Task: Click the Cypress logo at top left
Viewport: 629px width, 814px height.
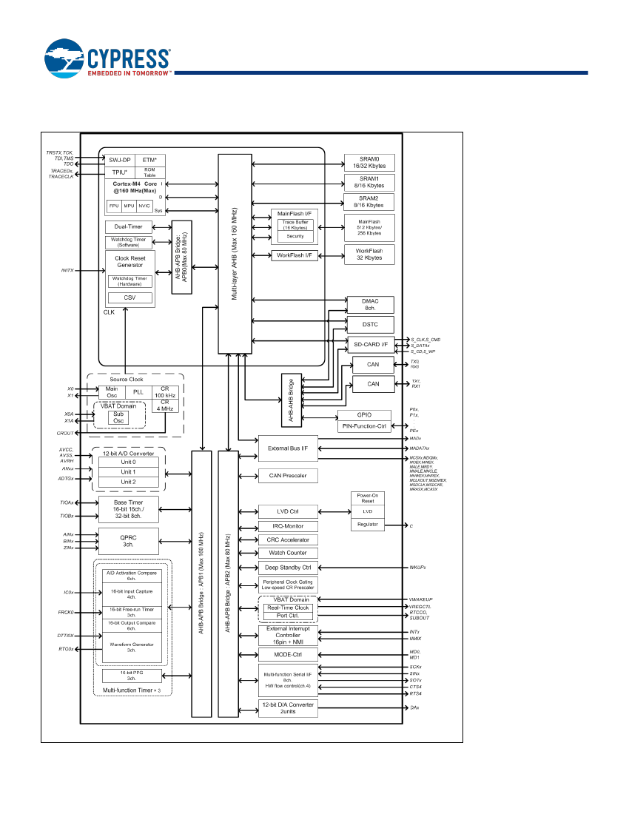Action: point(107,60)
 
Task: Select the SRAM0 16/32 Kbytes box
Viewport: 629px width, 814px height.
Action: point(369,163)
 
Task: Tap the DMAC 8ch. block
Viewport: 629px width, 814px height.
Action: point(370,304)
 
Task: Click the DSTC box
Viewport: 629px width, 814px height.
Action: point(370,324)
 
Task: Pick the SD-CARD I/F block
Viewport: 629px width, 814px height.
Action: point(370,344)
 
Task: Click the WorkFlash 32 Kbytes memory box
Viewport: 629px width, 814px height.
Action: point(369,254)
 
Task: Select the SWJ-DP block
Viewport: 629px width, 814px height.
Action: point(119,159)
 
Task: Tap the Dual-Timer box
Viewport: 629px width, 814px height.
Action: point(129,226)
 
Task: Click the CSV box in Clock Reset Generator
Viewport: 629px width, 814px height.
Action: point(129,297)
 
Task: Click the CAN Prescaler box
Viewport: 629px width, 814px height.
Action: point(287,475)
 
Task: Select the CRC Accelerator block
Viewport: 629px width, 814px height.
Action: point(287,539)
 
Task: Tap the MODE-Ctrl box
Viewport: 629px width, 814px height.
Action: point(287,655)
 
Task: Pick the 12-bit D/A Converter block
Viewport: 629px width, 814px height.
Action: point(287,707)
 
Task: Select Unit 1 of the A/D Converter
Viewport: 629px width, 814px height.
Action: point(128,472)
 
